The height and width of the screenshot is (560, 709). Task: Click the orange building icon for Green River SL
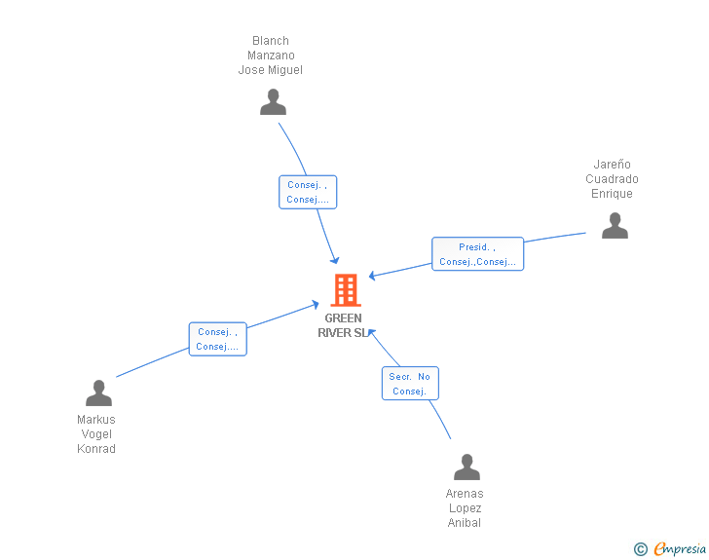346,290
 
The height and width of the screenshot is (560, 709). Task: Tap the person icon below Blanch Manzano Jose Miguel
273,102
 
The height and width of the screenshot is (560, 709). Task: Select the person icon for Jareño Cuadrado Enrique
615,225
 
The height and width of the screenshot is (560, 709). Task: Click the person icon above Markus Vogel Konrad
98,392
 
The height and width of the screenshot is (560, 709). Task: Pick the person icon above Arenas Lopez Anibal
466,467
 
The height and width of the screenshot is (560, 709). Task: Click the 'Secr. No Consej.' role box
410,383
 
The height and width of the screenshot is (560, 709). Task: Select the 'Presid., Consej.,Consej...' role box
477,254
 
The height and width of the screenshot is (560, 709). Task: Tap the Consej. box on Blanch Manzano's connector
308,192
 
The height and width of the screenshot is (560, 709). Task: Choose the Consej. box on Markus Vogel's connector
217,339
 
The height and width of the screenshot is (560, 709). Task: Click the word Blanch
271,41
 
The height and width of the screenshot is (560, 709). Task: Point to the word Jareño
612,165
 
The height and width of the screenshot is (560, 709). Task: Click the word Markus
96,420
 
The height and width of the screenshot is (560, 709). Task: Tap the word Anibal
465,522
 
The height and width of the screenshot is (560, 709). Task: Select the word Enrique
612,194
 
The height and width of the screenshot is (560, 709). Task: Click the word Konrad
96,449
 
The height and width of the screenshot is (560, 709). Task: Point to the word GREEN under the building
343,318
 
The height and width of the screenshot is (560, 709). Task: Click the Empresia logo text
680,548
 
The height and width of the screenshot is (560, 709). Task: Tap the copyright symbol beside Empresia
641,549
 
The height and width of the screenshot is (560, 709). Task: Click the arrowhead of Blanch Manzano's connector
335,261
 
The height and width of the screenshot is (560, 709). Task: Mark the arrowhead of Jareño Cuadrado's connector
372,275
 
